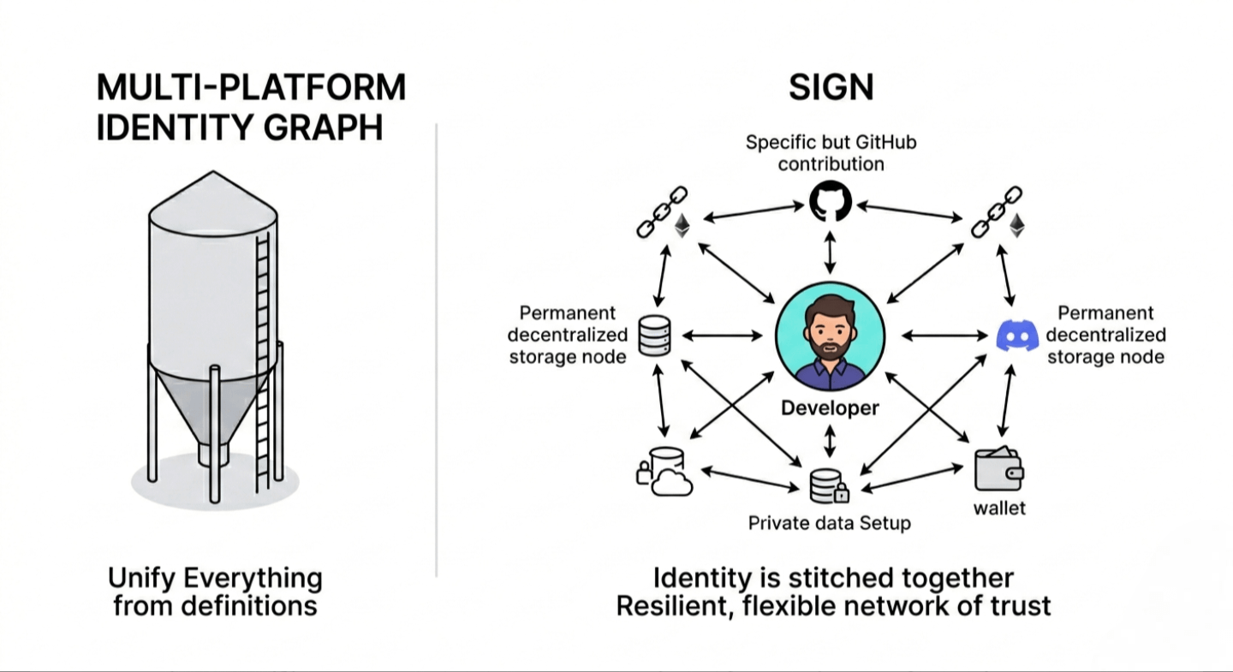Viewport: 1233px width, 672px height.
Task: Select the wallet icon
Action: tap(999, 469)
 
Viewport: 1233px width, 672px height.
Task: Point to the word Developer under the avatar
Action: tap(830, 408)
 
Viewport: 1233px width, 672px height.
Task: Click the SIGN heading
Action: tap(831, 88)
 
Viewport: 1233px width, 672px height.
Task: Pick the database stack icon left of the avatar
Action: tap(654, 336)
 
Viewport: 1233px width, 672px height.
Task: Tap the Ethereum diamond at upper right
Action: tap(1016, 225)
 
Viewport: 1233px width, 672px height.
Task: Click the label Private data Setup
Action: tap(829, 522)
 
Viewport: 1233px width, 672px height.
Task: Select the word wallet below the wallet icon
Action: tap(999, 508)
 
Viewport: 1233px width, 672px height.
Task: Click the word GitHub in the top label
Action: tap(885, 142)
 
